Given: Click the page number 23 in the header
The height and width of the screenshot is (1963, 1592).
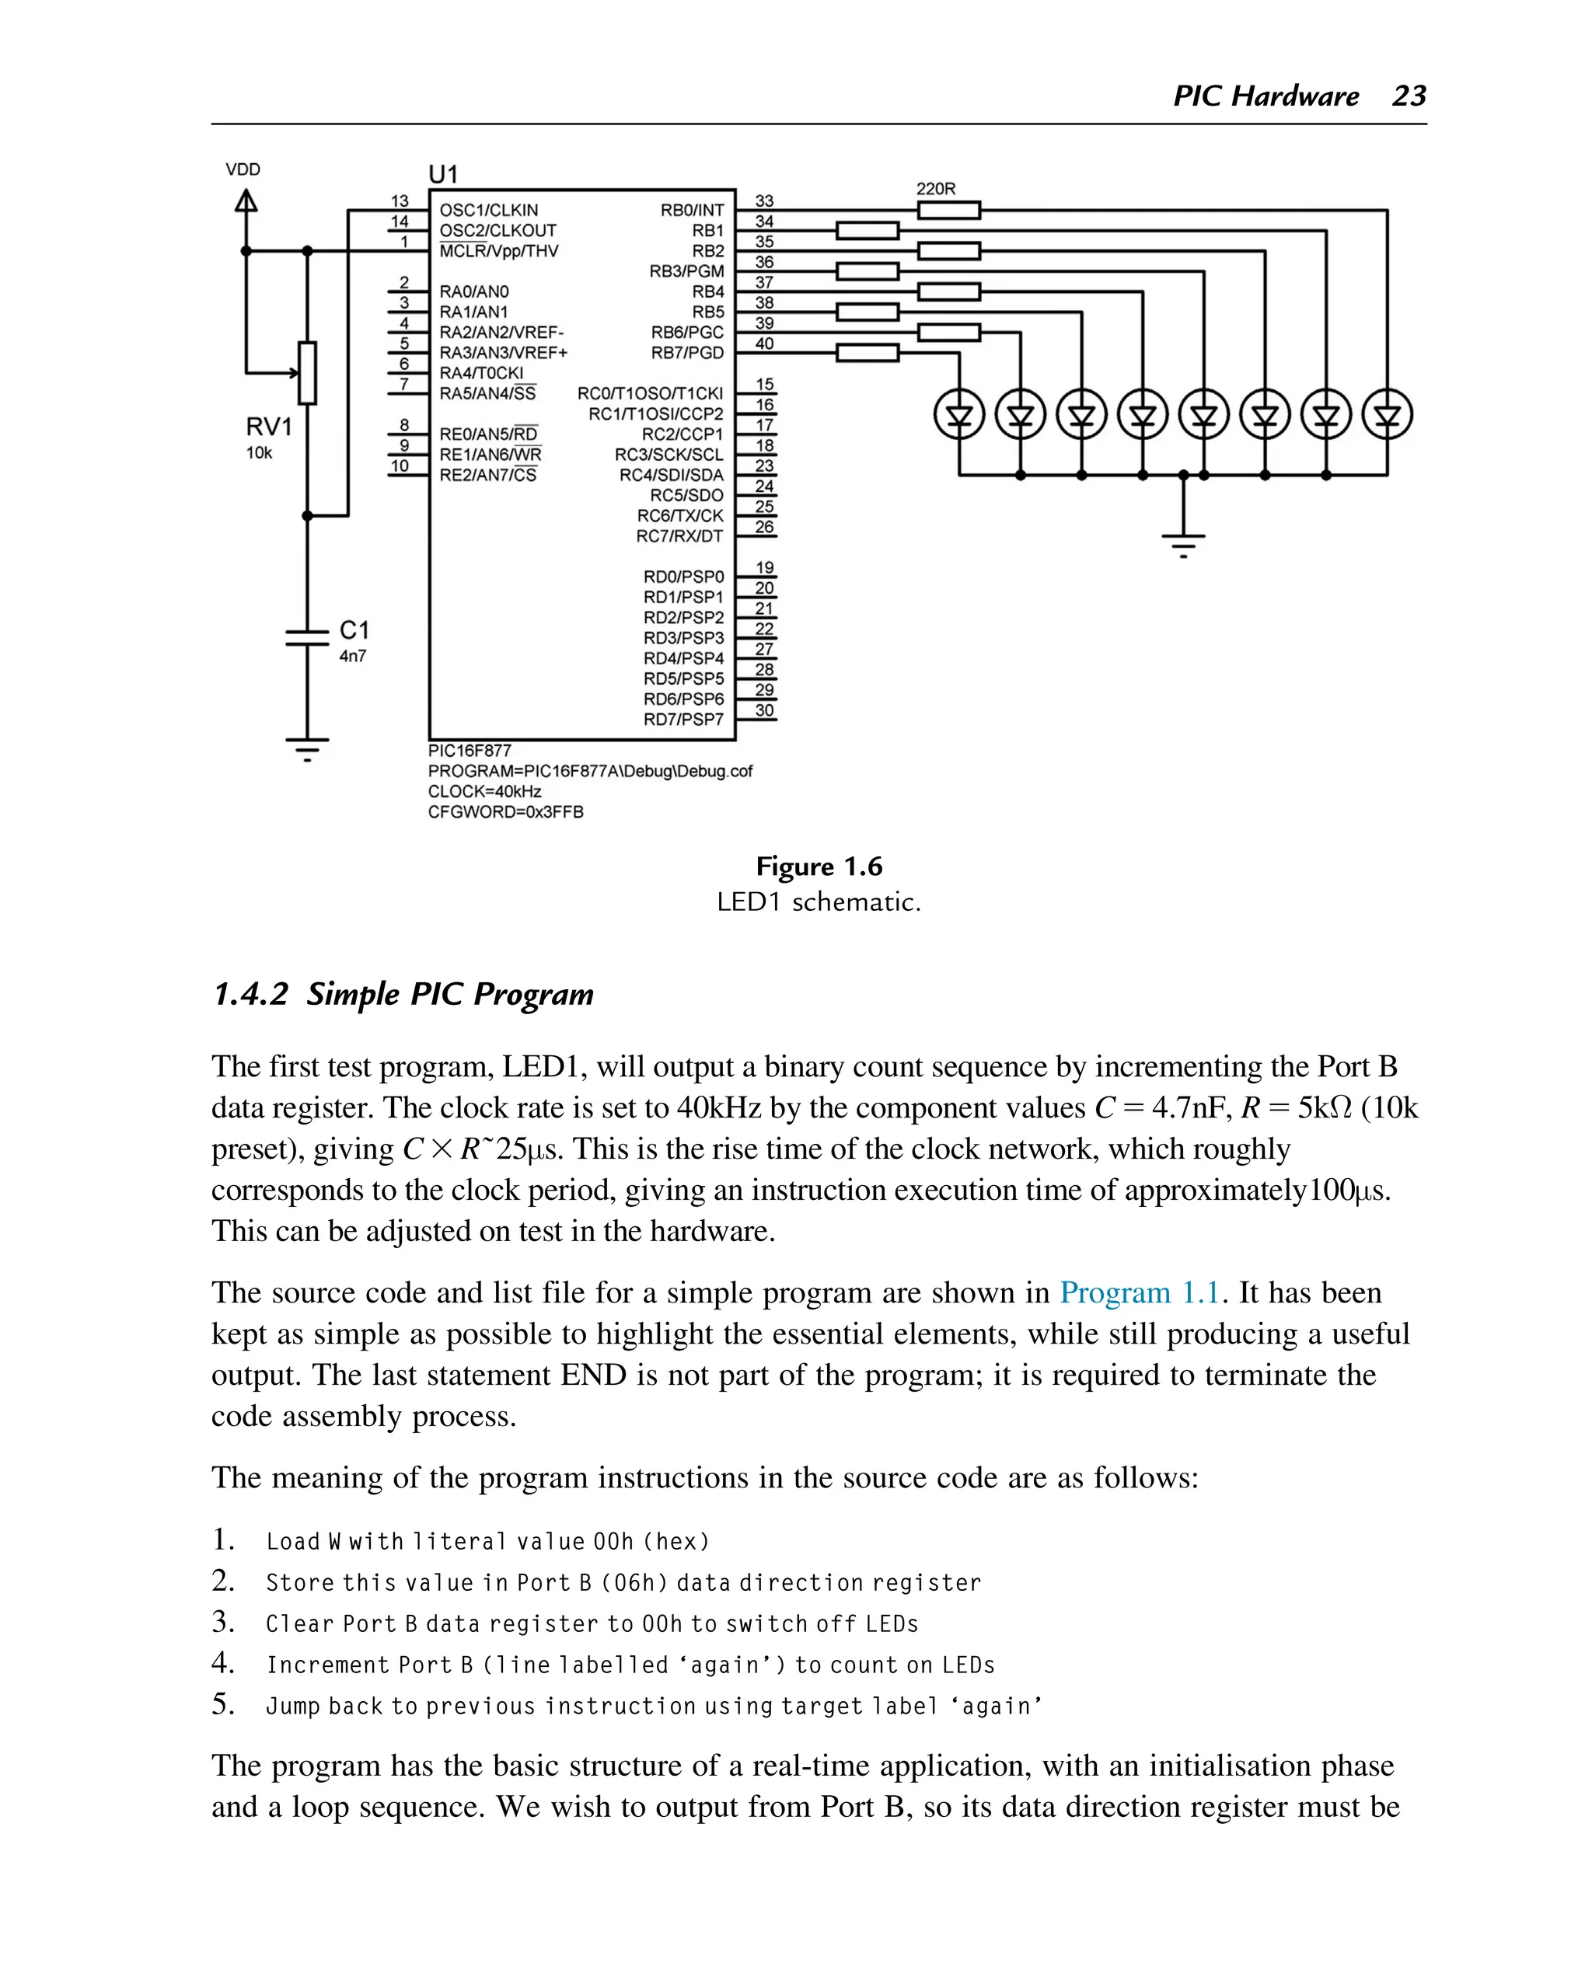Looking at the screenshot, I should pos(1409,96).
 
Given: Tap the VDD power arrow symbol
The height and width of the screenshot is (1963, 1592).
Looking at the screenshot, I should pos(246,200).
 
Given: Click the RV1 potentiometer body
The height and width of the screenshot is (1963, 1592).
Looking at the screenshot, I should pos(307,372).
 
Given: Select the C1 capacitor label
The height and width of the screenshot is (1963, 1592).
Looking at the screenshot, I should pos(354,630).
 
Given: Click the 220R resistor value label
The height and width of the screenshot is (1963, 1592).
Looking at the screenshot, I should pos(935,189).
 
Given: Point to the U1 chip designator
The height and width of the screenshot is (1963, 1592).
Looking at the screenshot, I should pos(443,174).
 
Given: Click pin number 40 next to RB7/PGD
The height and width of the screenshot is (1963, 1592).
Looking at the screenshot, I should pos(764,343).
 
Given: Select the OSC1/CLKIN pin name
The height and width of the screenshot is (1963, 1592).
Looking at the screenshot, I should pos(489,210).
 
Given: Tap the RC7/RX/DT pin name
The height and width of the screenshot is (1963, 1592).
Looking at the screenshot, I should pos(679,536).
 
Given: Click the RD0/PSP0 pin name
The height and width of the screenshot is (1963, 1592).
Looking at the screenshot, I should pos(683,577).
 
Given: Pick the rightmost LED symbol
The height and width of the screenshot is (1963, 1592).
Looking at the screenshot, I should pos(1387,415).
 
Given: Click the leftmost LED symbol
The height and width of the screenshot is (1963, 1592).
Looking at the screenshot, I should pos(959,415).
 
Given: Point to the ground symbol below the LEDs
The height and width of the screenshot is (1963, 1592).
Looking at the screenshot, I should pos(1183,542).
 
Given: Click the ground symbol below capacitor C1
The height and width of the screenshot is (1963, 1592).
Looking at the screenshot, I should pos(307,748).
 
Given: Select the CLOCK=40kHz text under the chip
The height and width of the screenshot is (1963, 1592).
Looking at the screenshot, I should pos(484,791).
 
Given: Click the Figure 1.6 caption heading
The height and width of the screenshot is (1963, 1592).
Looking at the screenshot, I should pos(818,866).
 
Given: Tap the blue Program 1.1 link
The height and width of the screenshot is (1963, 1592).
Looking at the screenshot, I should pos(1139,1293).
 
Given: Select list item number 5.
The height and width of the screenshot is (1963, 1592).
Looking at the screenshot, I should pos(224,1704).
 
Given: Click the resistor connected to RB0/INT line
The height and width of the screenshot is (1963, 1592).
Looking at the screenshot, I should pos(949,211).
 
